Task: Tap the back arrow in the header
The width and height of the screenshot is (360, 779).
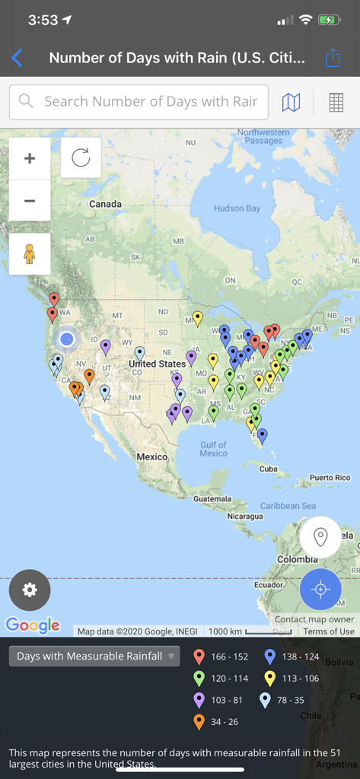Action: pyautogui.click(x=18, y=58)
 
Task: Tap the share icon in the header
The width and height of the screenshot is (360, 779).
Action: pyautogui.click(x=333, y=58)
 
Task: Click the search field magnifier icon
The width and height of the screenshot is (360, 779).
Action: pyautogui.click(x=26, y=101)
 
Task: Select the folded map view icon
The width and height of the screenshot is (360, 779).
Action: pyautogui.click(x=291, y=102)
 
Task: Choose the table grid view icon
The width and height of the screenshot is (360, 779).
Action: pyautogui.click(x=336, y=102)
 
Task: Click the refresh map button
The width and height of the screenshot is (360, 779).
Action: pyautogui.click(x=81, y=157)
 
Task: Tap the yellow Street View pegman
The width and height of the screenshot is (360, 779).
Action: pyautogui.click(x=30, y=253)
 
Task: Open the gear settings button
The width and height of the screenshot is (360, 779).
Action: pyautogui.click(x=30, y=590)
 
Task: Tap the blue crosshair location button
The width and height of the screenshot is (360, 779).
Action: pyautogui.click(x=320, y=590)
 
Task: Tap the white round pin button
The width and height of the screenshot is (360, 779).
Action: pyautogui.click(x=320, y=537)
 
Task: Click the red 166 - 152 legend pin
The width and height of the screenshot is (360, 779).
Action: pyautogui.click(x=199, y=657)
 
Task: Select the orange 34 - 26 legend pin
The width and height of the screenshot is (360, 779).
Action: pyautogui.click(x=199, y=721)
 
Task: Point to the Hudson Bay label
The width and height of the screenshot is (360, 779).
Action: pyautogui.click(x=237, y=208)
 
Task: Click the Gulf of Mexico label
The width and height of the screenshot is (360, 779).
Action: pyautogui.click(x=213, y=449)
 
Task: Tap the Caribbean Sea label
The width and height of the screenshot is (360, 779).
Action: pyautogui.click(x=288, y=506)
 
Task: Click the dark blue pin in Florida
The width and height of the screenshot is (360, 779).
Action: pyautogui.click(x=262, y=436)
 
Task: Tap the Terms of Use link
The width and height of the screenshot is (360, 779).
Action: pyautogui.click(x=329, y=631)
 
